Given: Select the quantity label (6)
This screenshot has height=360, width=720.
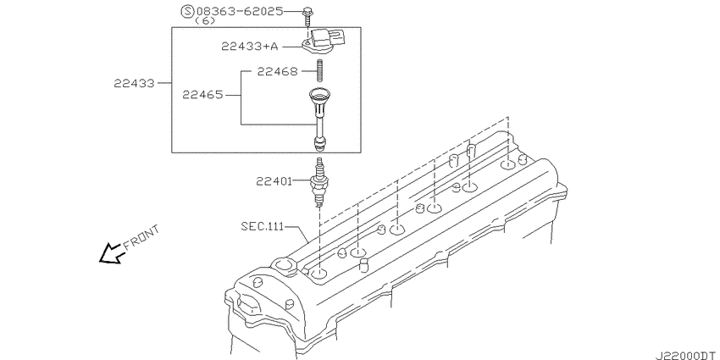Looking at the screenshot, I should click(204, 22).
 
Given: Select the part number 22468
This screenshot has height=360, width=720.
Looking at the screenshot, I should click(277, 72).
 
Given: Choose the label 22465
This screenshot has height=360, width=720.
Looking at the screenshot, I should click(202, 96).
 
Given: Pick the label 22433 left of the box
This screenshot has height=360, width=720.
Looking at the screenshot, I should click(136, 83).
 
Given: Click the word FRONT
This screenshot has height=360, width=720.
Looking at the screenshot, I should click(141, 238).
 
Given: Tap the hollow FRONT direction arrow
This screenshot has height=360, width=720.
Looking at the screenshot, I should click(109, 253).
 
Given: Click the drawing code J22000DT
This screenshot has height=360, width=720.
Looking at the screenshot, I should click(684, 351).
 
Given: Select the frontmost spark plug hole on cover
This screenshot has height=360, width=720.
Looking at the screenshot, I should click(320, 274).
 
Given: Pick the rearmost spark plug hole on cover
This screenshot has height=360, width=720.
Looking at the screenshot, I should click(507, 165).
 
